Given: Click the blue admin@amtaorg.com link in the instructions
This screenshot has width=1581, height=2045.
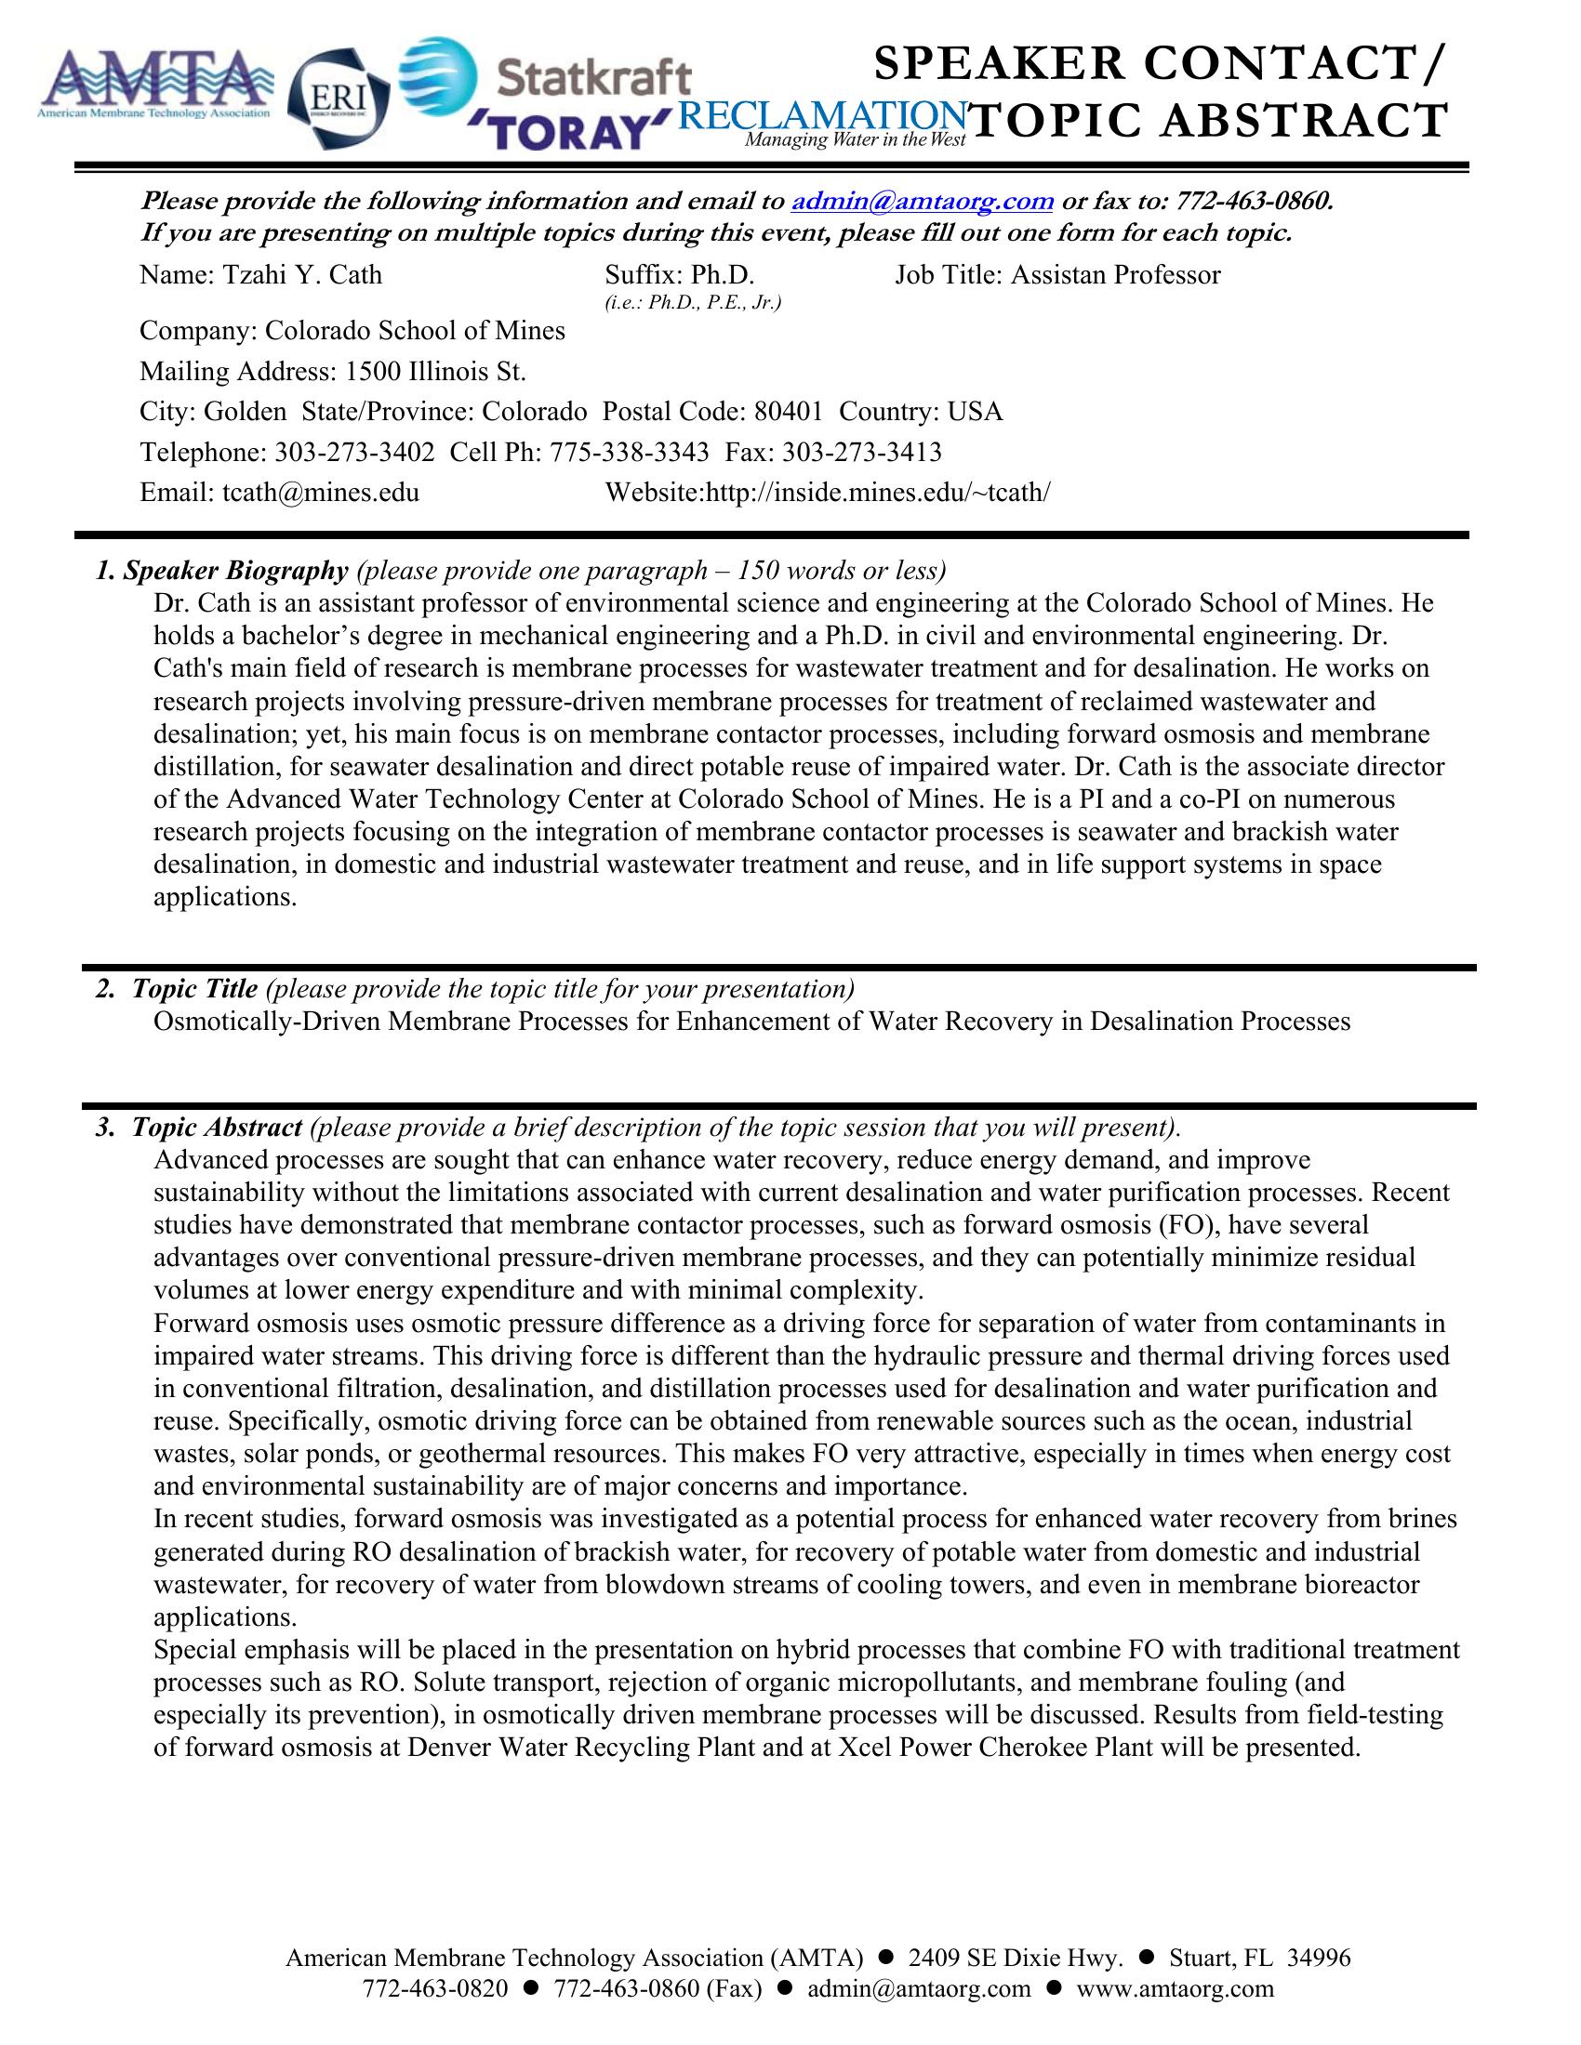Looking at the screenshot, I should click(x=923, y=202).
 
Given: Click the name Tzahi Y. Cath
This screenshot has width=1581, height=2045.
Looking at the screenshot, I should click(x=301, y=275).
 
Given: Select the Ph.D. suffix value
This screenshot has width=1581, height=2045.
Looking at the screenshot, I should click(x=723, y=275).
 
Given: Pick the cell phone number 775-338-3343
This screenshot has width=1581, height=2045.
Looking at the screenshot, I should click(x=629, y=454).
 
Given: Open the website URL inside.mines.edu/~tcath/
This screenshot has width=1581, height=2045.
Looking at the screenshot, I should click(x=877, y=494).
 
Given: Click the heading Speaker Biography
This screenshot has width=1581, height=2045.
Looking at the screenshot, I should click(x=235, y=570).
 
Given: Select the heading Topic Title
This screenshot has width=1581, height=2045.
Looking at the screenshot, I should click(x=193, y=989).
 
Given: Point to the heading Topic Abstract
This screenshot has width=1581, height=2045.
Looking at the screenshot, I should click(x=217, y=1128).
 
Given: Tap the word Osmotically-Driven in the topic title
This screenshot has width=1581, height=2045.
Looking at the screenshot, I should click(x=267, y=1022).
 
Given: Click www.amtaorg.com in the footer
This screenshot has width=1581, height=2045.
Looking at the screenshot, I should click(x=1176, y=1988).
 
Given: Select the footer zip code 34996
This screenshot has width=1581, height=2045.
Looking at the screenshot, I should click(x=1319, y=1958).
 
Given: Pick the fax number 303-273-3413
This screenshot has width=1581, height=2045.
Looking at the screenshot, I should click(x=862, y=454).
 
